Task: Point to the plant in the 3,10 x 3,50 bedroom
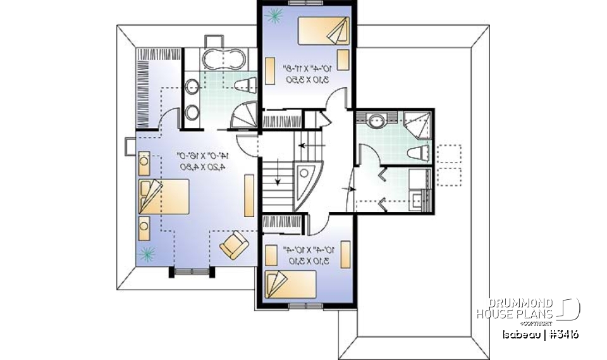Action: click(x=274, y=16)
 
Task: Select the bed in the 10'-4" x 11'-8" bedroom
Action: click(x=322, y=30)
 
